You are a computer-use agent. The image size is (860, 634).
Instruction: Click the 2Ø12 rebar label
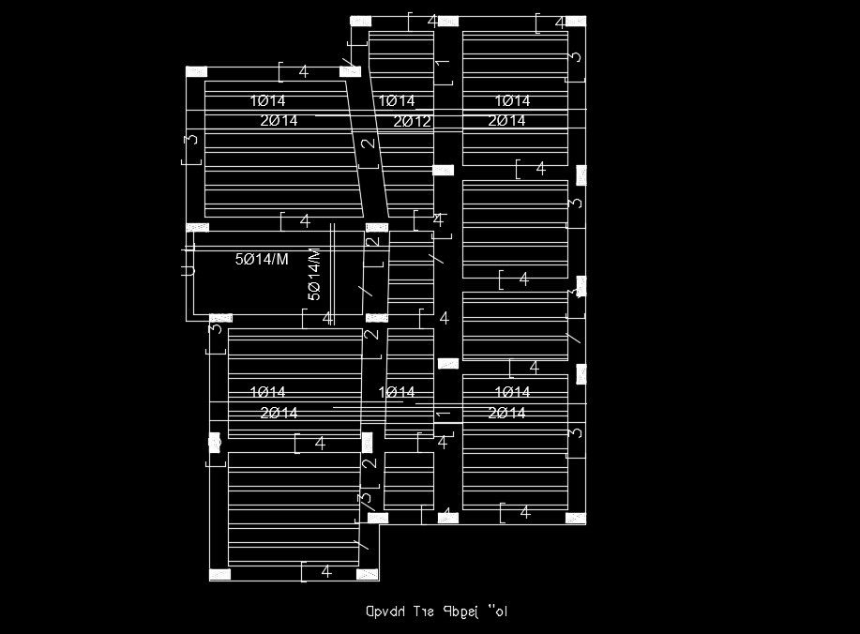point(413,121)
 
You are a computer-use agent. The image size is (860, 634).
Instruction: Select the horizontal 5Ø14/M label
point(262,260)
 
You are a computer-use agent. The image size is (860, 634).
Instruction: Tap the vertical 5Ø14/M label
point(315,274)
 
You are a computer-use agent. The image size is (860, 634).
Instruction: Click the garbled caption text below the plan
point(437,612)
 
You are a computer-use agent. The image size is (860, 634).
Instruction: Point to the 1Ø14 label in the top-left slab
point(268,100)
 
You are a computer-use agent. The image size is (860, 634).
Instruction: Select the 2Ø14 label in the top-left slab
point(279,121)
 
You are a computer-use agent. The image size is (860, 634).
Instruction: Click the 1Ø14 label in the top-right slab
point(512,100)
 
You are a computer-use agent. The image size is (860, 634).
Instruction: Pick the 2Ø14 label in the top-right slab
point(506,121)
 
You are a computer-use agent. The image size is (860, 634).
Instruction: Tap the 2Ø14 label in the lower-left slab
point(279,413)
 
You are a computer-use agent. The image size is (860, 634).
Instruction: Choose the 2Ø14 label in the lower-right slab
point(506,413)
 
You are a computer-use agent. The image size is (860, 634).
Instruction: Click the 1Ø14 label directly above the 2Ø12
point(397,100)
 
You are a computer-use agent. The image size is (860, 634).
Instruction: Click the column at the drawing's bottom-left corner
point(219,574)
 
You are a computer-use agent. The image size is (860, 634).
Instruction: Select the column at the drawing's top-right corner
point(575,21)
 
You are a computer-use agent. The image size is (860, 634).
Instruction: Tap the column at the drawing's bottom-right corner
point(575,519)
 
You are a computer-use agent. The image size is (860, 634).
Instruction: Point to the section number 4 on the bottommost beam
point(326,571)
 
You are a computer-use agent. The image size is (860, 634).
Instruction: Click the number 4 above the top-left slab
point(304,71)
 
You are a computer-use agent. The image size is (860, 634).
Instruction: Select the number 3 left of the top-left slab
point(192,140)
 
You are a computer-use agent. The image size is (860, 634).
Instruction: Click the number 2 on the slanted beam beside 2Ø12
point(368,143)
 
